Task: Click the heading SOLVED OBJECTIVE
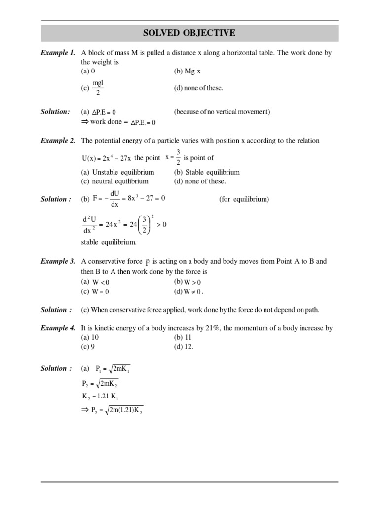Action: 189,33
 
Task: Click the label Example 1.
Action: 58,53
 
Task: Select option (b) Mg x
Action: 187,72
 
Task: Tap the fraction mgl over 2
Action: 98,88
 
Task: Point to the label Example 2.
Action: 58,141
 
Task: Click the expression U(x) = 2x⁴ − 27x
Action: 106,158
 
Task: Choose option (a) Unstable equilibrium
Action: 117,172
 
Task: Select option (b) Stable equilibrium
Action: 207,172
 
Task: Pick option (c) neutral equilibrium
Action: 114,181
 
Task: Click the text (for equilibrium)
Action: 244,199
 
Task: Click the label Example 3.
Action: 58,262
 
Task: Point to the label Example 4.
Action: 58,328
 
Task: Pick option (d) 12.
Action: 184,347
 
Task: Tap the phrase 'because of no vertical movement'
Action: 222,112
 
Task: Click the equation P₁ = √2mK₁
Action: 113,369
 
